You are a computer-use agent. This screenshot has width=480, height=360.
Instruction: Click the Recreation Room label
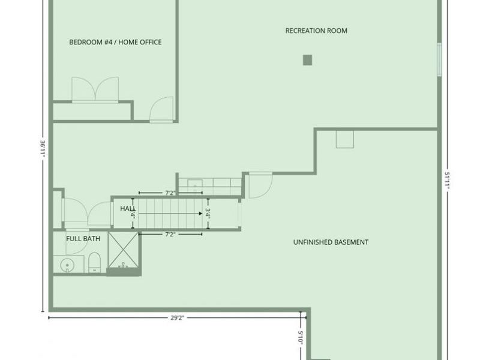[x=316, y=31]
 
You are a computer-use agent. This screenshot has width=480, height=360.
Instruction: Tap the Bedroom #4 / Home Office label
[x=115, y=42]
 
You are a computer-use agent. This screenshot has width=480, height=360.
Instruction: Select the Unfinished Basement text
[x=331, y=242]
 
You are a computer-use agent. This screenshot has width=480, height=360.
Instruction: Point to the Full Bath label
[x=83, y=239]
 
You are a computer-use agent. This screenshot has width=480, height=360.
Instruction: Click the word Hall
[x=127, y=208]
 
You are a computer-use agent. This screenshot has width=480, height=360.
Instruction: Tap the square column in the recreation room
[x=307, y=60]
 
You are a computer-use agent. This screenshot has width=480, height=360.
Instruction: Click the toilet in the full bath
[x=94, y=262]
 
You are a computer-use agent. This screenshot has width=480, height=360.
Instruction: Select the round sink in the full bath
[x=67, y=264]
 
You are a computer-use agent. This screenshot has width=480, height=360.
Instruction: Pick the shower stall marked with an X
[x=123, y=251]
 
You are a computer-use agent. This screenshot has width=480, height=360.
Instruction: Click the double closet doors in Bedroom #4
[x=95, y=90]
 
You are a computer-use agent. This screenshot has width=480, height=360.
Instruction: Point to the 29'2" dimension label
[x=176, y=317]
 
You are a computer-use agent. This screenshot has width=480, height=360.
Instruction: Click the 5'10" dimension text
[x=301, y=337]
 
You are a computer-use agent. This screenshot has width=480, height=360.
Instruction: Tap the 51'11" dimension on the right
[x=448, y=181]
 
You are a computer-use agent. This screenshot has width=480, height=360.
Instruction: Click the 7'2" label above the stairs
[x=170, y=193]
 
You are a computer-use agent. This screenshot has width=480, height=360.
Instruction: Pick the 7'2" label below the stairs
[x=170, y=235]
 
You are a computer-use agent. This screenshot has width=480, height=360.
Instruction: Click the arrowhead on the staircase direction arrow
[x=199, y=213]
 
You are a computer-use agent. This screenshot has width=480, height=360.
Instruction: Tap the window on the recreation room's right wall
[x=439, y=59]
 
